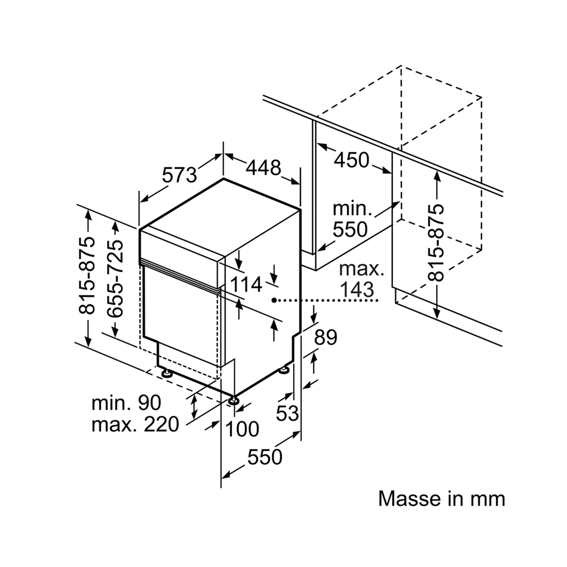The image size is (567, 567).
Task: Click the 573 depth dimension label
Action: click(179, 175)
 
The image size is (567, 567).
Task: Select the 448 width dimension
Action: click(264, 167)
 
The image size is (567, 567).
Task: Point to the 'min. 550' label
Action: click(350, 219)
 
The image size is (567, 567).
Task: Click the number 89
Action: click(325, 337)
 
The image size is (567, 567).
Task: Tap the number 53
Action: click(287, 413)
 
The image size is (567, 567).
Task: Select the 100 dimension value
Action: click(242, 429)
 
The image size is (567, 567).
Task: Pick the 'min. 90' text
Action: click(126, 402)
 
